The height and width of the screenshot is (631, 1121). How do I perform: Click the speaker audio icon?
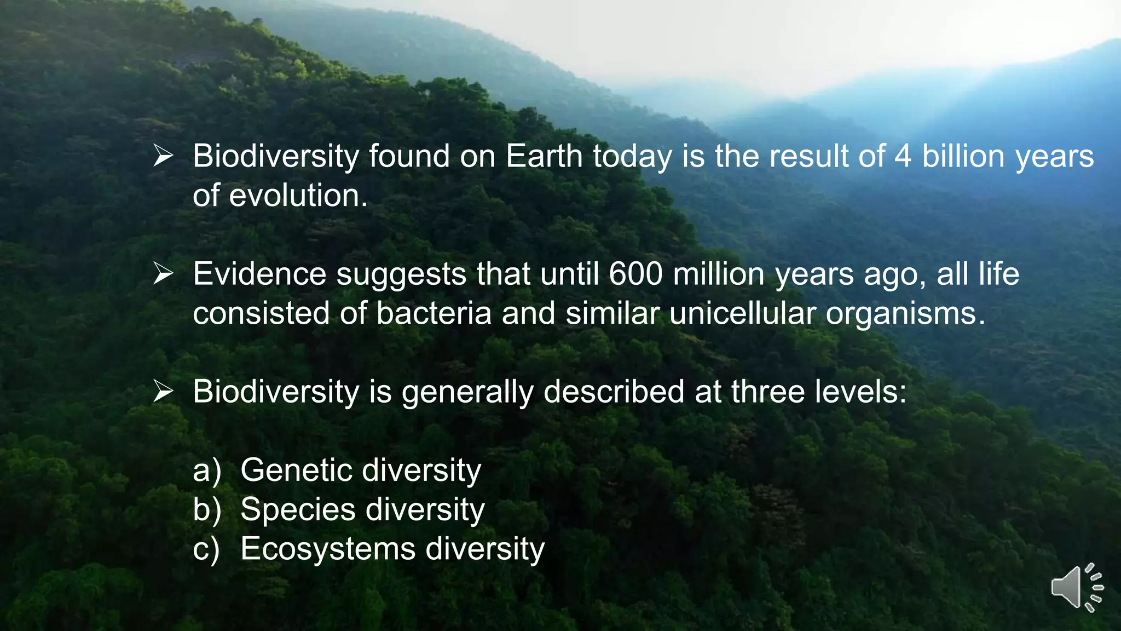click(1076, 587)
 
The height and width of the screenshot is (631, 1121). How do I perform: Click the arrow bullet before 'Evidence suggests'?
click(163, 273)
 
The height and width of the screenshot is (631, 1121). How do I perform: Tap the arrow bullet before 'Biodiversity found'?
click(163, 156)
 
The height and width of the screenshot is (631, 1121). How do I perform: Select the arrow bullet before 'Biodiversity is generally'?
click(163, 391)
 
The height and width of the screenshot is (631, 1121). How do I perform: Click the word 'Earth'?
click(544, 156)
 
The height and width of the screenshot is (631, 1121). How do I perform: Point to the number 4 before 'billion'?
click(903, 156)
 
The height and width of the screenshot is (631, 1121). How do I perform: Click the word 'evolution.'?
click(298, 196)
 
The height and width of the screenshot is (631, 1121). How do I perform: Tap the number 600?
click(635, 274)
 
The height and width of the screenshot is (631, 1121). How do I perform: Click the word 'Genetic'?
click(296, 470)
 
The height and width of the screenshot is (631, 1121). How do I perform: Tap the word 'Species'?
click(298, 510)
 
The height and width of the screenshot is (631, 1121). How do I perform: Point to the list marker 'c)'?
click(206, 549)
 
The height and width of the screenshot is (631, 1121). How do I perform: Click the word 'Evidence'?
click(259, 274)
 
